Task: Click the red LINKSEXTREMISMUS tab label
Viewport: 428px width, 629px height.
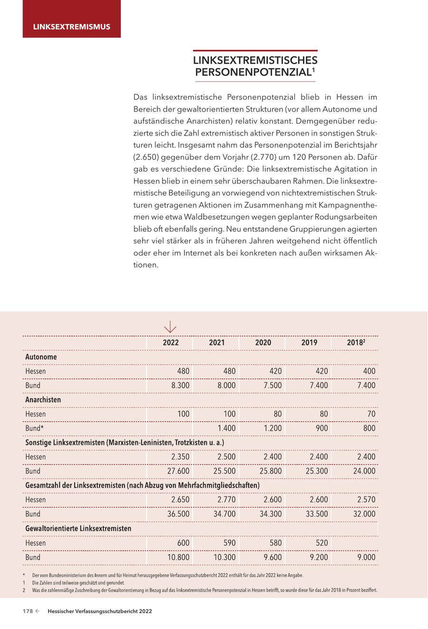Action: (x=71, y=27)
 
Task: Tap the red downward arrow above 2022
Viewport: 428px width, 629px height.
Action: (x=170, y=327)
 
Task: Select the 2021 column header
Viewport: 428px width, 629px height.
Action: (x=217, y=343)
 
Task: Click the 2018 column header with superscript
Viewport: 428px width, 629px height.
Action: (x=356, y=343)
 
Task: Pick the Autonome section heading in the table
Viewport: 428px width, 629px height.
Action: (x=41, y=357)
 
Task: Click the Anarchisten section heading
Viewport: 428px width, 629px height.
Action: (x=43, y=400)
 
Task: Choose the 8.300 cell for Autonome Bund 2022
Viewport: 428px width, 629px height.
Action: (x=180, y=386)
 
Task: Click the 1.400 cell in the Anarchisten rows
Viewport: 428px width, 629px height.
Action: (x=226, y=428)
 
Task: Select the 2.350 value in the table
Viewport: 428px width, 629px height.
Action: (x=180, y=457)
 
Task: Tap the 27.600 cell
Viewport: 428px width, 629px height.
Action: (x=178, y=471)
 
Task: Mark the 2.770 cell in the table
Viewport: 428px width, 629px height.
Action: (x=226, y=500)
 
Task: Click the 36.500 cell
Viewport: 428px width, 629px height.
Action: (x=178, y=514)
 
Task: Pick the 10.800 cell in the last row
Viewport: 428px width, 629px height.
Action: (x=178, y=557)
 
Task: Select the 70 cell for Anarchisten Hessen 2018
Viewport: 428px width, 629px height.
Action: (x=370, y=414)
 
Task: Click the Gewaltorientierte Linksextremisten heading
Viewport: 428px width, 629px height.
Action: (x=78, y=529)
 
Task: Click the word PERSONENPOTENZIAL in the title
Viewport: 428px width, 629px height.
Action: (x=253, y=72)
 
